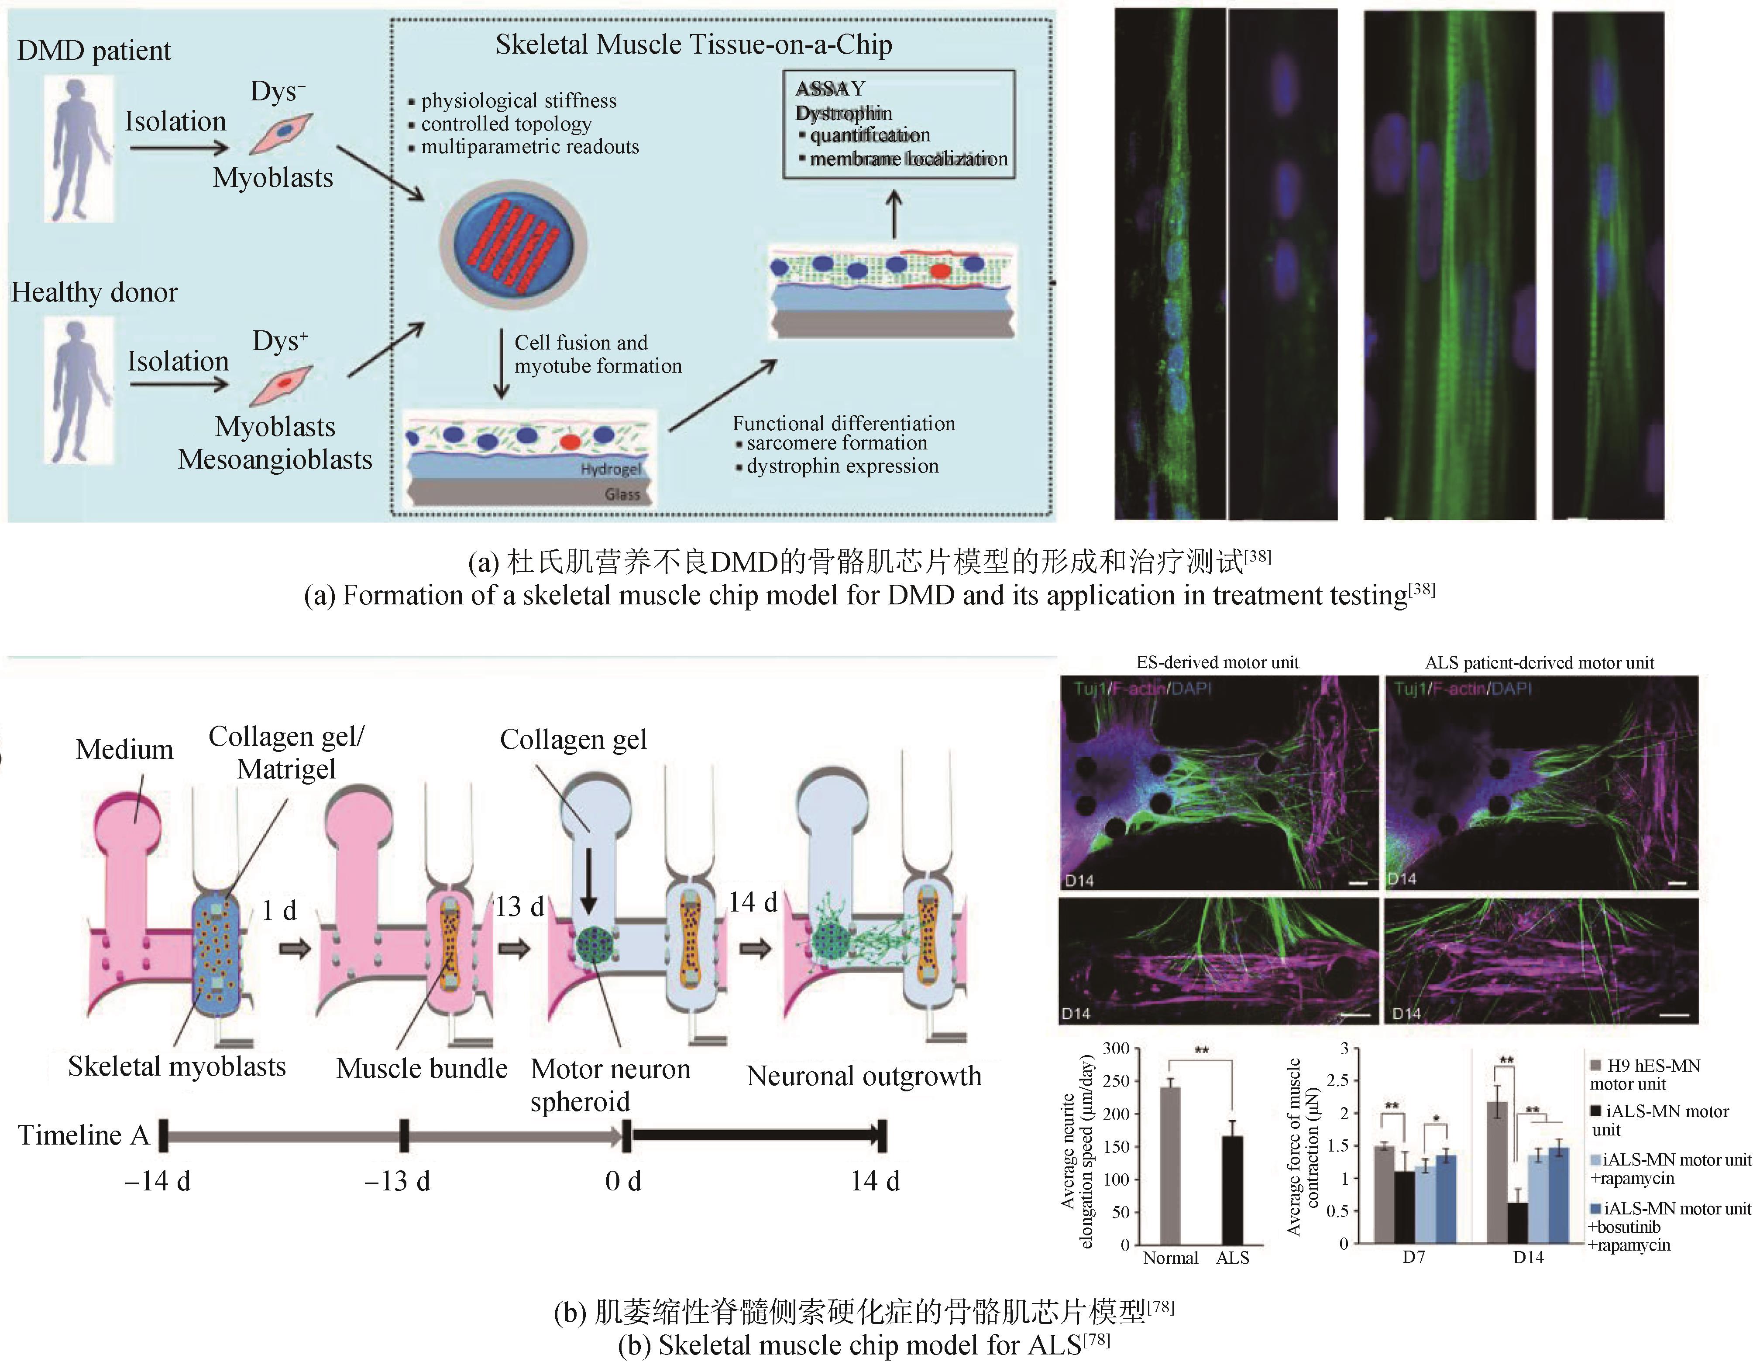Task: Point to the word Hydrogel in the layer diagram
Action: click(x=611, y=470)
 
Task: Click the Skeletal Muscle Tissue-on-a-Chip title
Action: click(x=694, y=45)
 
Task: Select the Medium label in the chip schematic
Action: click(x=124, y=749)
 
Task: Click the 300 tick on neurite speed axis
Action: click(x=1117, y=1049)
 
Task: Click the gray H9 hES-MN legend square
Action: click(x=1596, y=1066)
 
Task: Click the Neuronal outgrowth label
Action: click(x=864, y=1076)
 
